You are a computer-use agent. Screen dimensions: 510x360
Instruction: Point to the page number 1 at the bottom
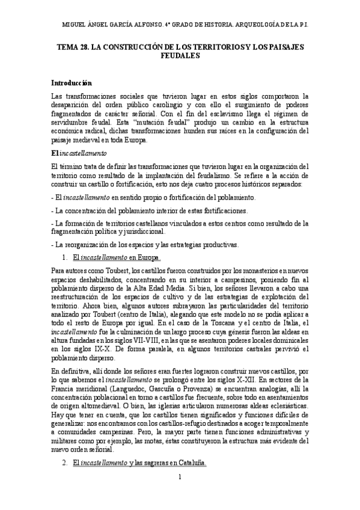pyautogui.click(x=180, y=493)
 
